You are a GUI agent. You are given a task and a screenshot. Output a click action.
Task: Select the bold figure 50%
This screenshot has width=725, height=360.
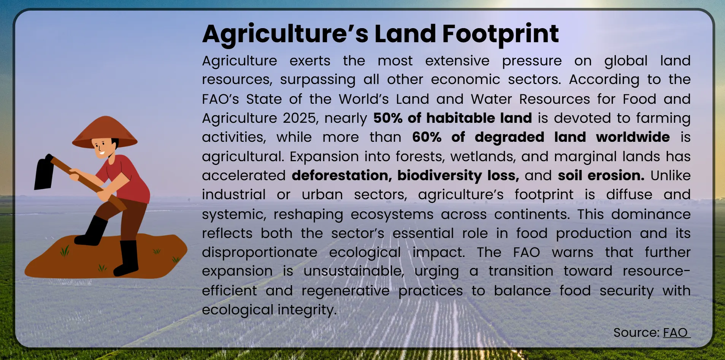[388, 118]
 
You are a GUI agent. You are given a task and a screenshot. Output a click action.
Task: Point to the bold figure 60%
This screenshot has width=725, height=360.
[427, 137]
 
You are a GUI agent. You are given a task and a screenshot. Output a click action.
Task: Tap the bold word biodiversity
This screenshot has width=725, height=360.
[439, 175]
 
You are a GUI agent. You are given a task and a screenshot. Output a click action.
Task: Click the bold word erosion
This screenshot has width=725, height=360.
[616, 175]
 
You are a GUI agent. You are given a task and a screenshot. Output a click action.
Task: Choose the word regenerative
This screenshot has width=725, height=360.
[345, 291]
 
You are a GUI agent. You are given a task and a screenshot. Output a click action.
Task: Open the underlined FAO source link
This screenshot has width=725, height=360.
[676, 333]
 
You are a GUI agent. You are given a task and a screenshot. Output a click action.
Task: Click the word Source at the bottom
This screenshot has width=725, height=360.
[636, 333]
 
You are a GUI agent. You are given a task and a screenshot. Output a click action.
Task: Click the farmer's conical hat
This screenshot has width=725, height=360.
[105, 131]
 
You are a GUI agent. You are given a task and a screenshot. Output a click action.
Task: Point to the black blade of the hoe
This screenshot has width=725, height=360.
[45, 173]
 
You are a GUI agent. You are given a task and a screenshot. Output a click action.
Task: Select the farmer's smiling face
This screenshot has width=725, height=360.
[102, 148]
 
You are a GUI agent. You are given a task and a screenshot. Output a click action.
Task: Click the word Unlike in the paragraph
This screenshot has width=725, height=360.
[670, 175]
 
